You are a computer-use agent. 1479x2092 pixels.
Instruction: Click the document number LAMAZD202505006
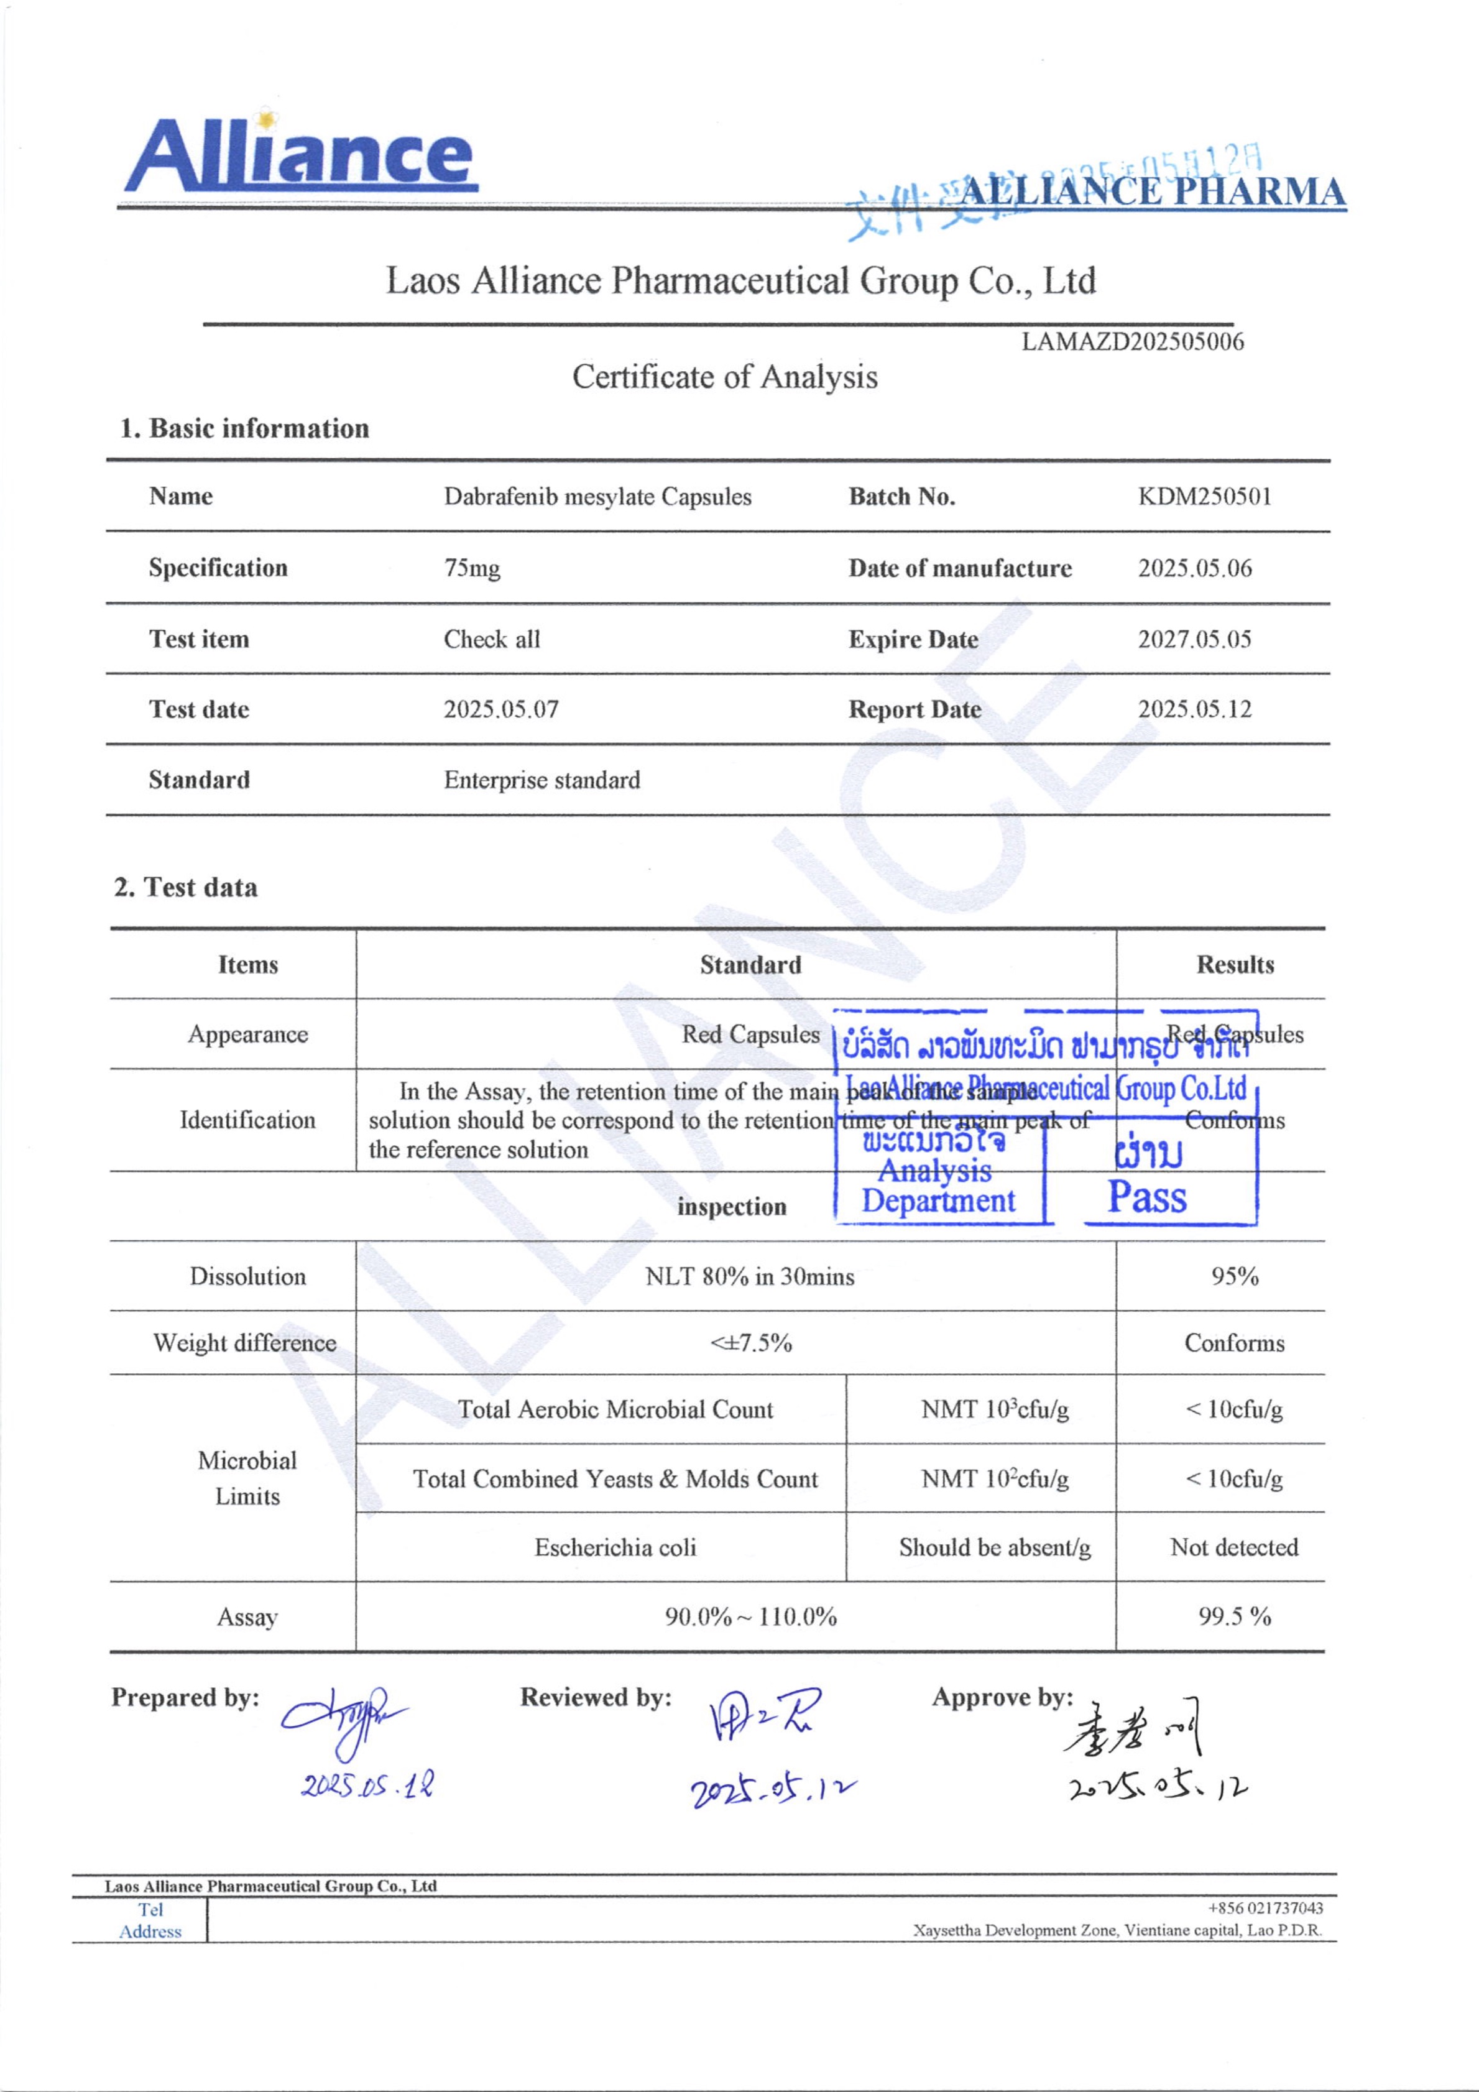[x=1132, y=342]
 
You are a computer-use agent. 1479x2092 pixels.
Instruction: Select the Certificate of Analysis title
[x=724, y=376]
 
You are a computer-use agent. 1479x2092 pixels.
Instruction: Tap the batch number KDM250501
[x=1204, y=497]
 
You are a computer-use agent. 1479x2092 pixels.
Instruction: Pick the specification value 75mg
[x=472, y=569]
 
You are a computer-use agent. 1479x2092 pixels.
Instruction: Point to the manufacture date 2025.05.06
[x=1195, y=569]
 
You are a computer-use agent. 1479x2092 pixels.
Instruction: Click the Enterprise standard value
[x=542, y=780]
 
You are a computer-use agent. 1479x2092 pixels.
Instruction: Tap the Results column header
[x=1235, y=965]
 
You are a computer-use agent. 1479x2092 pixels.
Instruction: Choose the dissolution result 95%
[x=1235, y=1276]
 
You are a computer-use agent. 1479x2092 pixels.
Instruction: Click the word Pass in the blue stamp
[x=1146, y=1197]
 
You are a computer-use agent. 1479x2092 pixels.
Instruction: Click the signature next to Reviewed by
[x=763, y=1714]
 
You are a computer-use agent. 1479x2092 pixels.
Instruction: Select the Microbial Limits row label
[x=247, y=1478]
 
